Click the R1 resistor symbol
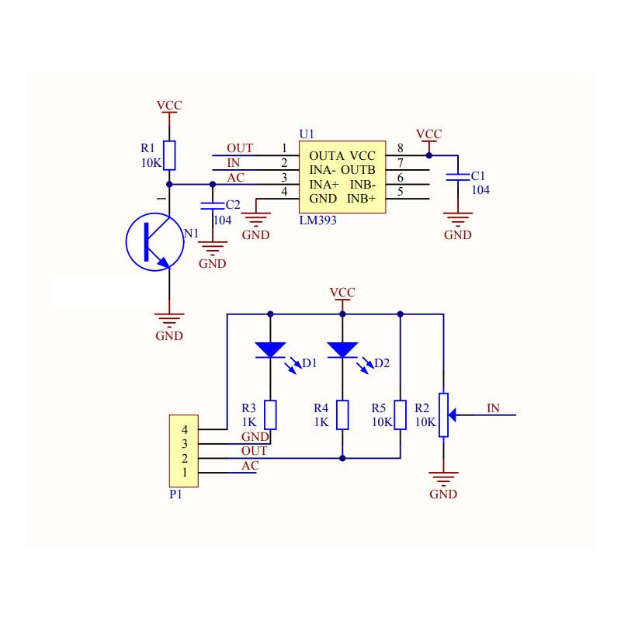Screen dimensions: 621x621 tap(170, 155)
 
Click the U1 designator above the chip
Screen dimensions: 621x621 tap(307, 134)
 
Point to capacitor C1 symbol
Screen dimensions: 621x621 tap(458, 178)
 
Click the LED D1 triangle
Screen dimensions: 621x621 tap(270, 350)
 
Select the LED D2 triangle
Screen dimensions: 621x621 tap(342, 350)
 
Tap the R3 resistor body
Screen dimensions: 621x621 tap(270, 415)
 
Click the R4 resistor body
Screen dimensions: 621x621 tap(342, 415)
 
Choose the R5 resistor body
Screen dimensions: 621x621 tap(400, 415)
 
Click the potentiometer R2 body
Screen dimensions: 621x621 tap(443, 415)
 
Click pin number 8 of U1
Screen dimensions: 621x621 tap(400, 148)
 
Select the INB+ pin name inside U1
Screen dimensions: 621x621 tap(361, 199)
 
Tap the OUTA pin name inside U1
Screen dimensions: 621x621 tap(327, 156)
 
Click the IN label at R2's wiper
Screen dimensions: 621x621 tap(493, 408)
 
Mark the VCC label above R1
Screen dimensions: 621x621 tap(169, 106)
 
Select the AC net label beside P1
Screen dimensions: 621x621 tap(249, 466)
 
